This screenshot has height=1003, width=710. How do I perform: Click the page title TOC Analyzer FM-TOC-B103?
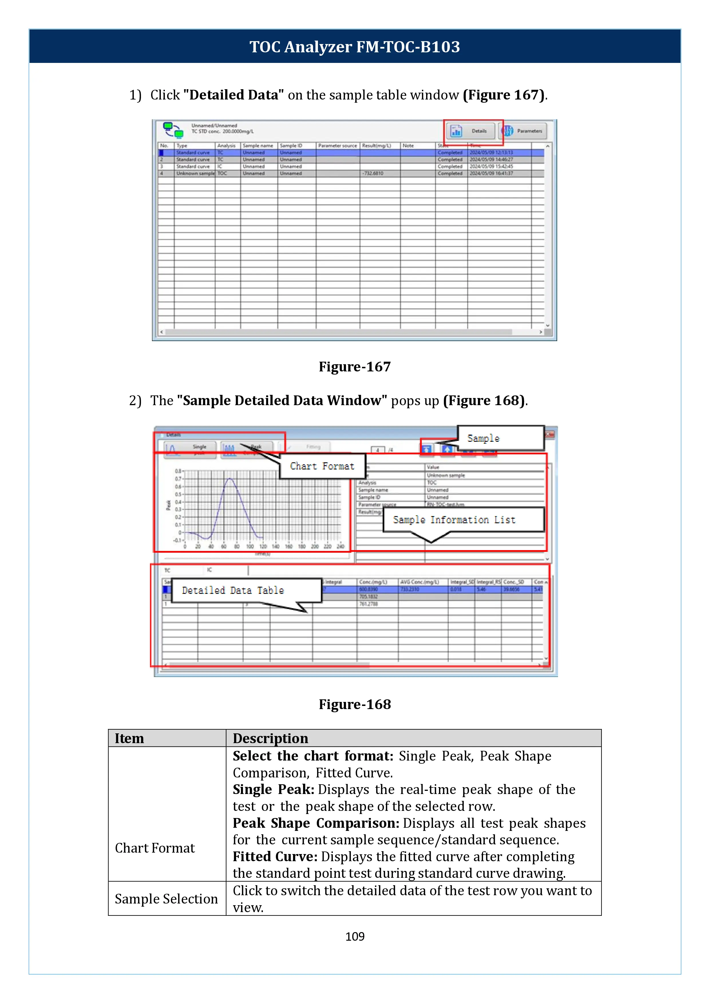(x=355, y=47)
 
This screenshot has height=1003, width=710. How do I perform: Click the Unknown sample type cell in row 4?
(x=195, y=174)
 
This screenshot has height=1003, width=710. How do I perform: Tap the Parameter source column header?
(x=337, y=146)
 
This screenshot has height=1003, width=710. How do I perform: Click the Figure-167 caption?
(x=355, y=367)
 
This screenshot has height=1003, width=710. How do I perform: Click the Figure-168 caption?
(x=355, y=704)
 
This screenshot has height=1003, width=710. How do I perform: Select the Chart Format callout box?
(x=322, y=466)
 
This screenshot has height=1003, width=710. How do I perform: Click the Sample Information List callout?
(x=454, y=520)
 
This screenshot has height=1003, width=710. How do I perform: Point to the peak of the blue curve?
(x=230, y=479)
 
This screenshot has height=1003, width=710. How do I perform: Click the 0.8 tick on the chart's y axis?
(x=178, y=471)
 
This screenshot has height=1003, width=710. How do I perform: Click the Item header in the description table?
(x=129, y=738)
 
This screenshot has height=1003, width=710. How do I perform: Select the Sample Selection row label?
(x=166, y=899)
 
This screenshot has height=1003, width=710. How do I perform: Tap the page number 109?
(x=355, y=936)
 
